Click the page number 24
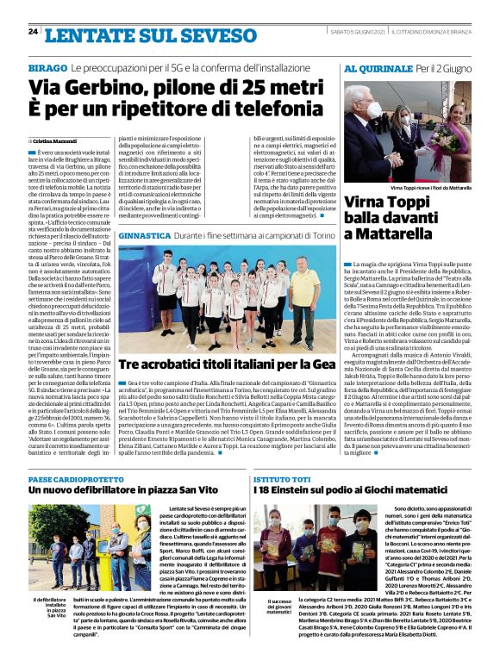click(x=33, y=33)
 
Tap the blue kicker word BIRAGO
click(x=47, y=66)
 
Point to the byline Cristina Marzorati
click(x=53, y=140)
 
